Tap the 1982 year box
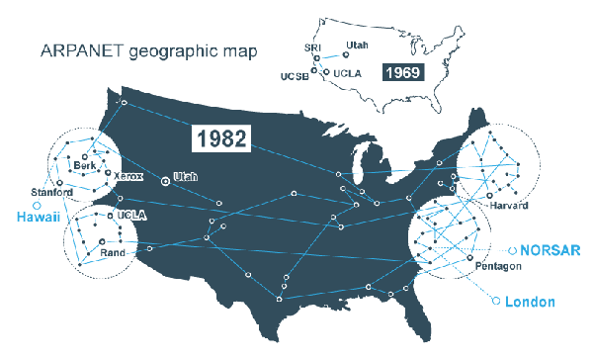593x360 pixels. [220, 137]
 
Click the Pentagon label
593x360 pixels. [495, 268]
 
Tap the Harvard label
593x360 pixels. [508, 206]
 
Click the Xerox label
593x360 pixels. [129, 176]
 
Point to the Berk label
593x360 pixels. [84, 165]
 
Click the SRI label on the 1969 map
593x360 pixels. [313, 47]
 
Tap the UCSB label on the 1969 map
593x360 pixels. [296, 77]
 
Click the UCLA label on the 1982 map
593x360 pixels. [131, 214]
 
